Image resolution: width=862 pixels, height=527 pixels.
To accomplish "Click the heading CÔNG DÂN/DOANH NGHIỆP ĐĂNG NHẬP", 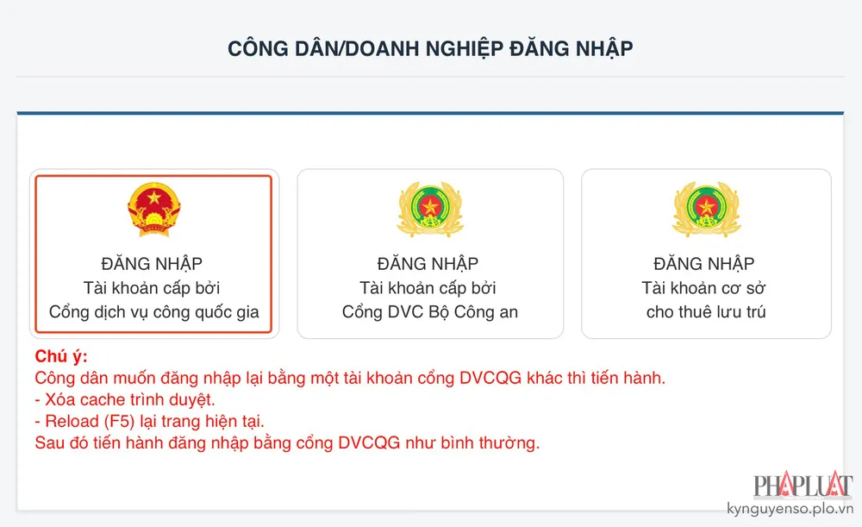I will point(430,48).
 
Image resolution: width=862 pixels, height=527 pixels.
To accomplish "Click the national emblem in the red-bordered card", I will point(153,210).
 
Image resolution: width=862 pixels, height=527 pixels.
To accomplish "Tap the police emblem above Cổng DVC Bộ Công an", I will point(429,210).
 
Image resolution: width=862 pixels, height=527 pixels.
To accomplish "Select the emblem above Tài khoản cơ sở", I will point(706,210).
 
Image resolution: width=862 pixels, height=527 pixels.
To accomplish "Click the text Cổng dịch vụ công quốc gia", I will point(153,312).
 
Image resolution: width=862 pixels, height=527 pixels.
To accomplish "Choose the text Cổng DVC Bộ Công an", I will point(430,312).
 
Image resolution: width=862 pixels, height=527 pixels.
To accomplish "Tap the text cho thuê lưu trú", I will point(706,312).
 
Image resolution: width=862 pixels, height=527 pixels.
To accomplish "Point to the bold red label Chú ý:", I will point(61,357).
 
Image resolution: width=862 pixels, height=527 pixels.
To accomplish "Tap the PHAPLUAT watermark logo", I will point(803,486).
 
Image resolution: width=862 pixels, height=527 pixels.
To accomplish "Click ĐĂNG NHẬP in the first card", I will point(153,264).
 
